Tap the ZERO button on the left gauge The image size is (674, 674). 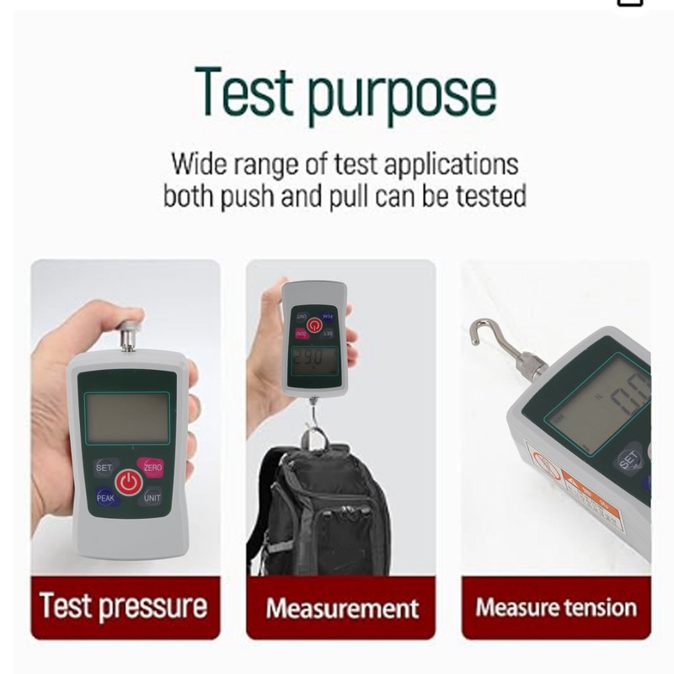pyautogui.click(x=152, y=467)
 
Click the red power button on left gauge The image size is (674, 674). pyautogui.click(x=127, y=482)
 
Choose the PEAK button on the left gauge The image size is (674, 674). pyautogui.click(x=105, y=498)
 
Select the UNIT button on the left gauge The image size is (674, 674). pyautogui.click(x=152, y=498)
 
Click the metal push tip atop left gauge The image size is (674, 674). pyautogui.click(x=128, y=331)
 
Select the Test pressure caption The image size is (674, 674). pyautogui.click(x=124, y=607)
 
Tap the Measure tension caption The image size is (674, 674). pyautogui.click(x=556, y=607)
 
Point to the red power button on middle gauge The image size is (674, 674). pyautogui.click(x=314, y=324)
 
